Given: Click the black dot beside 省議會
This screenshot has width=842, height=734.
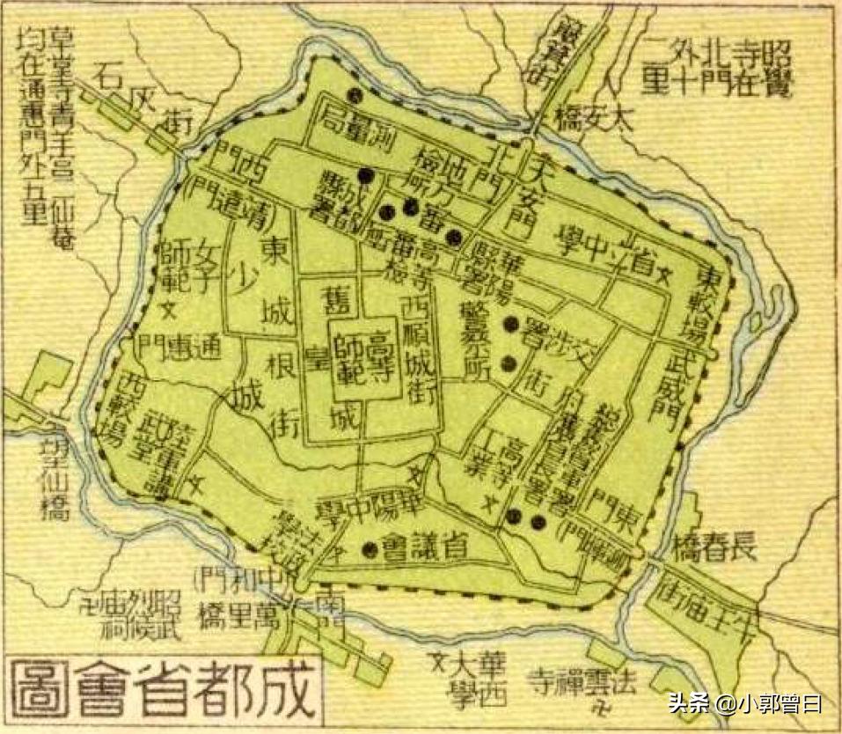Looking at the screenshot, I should [369, 551].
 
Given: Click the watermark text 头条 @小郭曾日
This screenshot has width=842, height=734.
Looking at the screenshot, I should [743, 703].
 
